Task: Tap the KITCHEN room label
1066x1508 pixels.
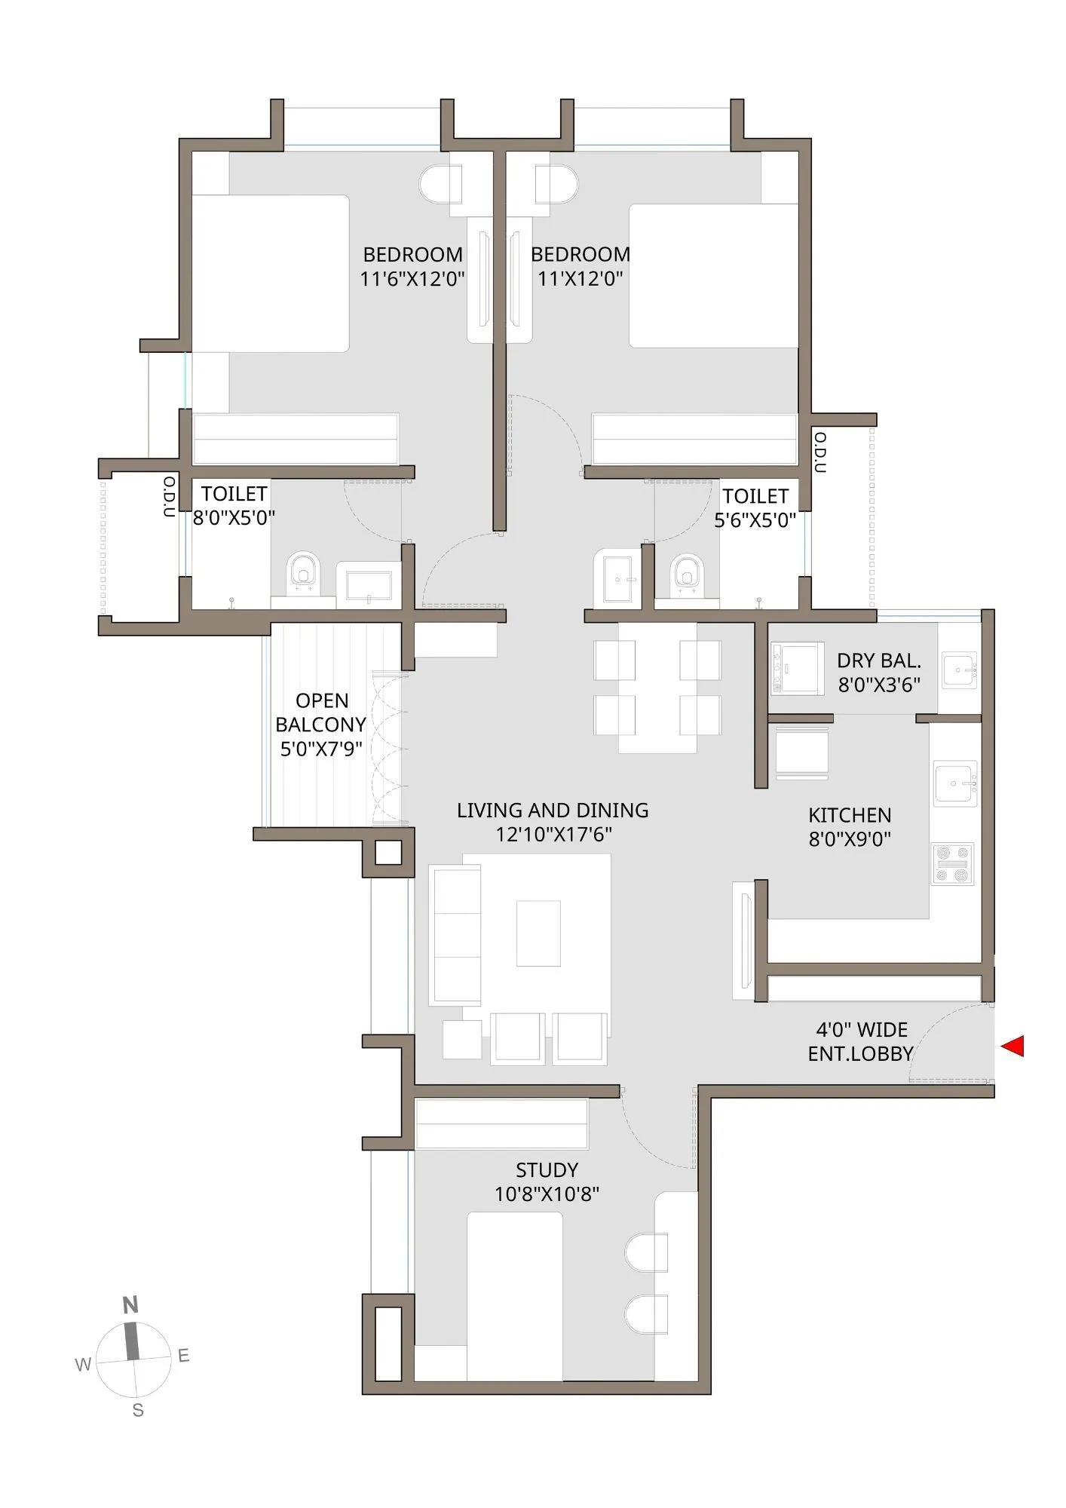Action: coord(850,815)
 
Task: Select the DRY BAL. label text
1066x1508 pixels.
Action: coord(879,661)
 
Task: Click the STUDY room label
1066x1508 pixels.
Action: coord(547,1170)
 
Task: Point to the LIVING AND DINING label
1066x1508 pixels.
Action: coord(553,811)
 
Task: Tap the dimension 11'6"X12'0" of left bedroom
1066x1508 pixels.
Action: coord(412,279)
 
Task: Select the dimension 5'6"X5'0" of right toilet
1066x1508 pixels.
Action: coord(755,520)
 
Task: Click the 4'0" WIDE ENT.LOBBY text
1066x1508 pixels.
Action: coord(861,1041)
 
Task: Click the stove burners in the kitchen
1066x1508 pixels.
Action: coord(952,864)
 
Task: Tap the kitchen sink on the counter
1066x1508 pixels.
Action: coord(954,784)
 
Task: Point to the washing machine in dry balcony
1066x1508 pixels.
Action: coord(798,668)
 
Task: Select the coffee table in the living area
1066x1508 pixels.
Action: coord(538,933)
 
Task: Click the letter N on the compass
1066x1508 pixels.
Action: coord(130,1305)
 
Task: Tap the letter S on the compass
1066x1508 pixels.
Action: coord(138,1410)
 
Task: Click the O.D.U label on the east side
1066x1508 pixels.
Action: coord(821,452)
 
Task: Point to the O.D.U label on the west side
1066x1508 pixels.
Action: coord(170,496)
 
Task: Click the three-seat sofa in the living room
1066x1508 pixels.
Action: coord(455,936)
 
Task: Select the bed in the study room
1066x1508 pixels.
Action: coord(515,1296)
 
